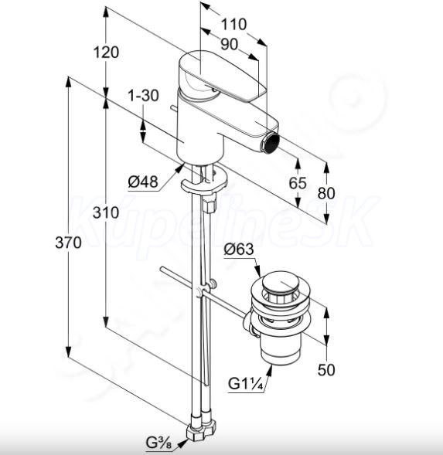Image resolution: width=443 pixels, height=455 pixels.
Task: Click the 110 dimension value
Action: coord(233,25)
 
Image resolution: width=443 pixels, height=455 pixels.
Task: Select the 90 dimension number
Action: coord(229,45)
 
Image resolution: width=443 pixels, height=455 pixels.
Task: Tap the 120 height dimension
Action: coord(106,53)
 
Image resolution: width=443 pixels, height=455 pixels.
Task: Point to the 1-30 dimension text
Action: coord(144,96)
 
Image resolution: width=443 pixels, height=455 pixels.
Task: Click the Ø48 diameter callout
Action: coord(143,182)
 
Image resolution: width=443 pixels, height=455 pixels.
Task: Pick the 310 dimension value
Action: coord(106,212)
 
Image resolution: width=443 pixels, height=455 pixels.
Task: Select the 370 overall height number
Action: coord(68,243)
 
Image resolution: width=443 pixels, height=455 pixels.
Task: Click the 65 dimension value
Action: coord(298,183)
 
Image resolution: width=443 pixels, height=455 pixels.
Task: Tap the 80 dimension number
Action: coord(326,193)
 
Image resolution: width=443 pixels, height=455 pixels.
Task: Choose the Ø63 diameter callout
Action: coord(239,250)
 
